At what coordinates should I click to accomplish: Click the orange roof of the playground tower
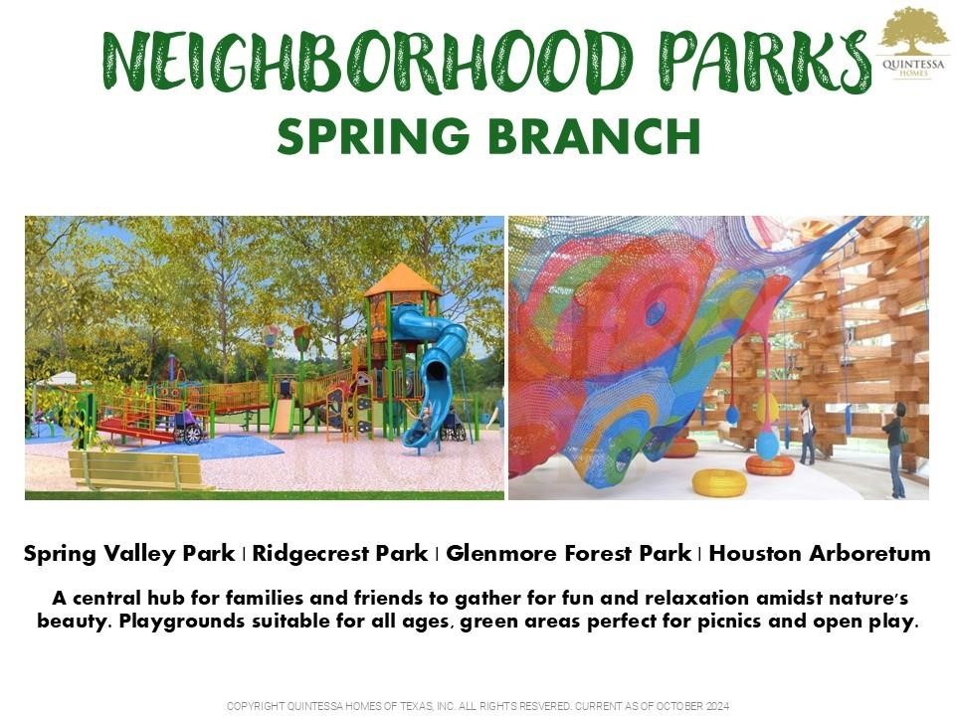[x=402, y=281]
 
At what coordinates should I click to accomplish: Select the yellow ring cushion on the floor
[x=718, y=482]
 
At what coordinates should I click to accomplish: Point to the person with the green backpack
[x=896, y=447]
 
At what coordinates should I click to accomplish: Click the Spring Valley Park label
[x=129, y=554]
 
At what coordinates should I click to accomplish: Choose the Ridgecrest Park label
[x=339, y=554]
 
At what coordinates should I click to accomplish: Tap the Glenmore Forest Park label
[x=567, y=554]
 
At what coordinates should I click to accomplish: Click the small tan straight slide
[x=284, y=415]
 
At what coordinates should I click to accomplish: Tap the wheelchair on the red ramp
[x=187, y=431]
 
